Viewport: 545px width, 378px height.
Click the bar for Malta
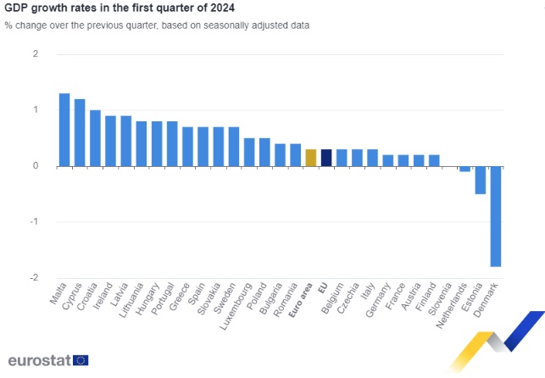click(64, 130)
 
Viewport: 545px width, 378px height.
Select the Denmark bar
click(496, 216)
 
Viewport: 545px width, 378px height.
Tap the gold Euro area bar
click(311, 158)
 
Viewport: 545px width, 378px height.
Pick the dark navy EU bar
click(326, 158)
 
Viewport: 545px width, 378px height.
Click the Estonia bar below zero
click(481, 180)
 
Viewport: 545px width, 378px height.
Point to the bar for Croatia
click(95, 138)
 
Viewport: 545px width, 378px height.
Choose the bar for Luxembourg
click(249, 153)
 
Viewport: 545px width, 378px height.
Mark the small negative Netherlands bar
click(464, 170)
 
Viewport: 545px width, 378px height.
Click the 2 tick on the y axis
click(36, 54)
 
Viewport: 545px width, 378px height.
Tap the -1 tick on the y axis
click(34, 222)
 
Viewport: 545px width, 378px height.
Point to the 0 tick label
click(36, 166)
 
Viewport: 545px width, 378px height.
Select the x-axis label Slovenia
click(440, 299)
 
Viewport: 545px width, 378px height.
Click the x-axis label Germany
click(378, 300)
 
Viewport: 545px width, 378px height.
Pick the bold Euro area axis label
click(301, 300)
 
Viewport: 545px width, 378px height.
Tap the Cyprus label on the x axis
click(72, 296)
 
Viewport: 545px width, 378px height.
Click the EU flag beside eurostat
click(81, 360)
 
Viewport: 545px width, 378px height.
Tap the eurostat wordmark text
click(40, 360)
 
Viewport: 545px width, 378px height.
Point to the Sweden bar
click(234, 147)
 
